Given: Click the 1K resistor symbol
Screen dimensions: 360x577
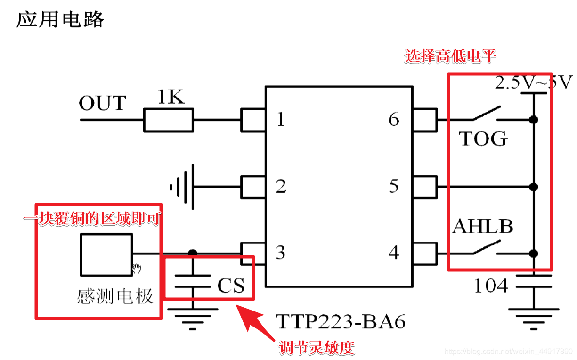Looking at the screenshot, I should click(168, 120).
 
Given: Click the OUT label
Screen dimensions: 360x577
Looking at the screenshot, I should click(102, 103).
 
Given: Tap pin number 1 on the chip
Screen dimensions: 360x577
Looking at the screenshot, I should click(281, 120).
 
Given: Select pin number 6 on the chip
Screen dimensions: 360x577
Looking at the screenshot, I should click(394, 120).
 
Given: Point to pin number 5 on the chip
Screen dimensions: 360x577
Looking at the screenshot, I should click(394, 187).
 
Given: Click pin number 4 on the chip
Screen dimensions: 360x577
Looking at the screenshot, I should click(394, 253).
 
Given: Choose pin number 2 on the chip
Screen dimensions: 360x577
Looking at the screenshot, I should click(281, 187).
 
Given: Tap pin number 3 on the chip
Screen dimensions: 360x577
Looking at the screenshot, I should click(281, 253).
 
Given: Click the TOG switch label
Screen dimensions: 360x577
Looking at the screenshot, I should click(483, 139).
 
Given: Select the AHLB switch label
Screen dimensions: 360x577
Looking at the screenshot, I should click(483, 227).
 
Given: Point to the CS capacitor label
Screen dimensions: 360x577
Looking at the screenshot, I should click(231, 286).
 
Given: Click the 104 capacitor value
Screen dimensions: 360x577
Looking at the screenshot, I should click(491, 286).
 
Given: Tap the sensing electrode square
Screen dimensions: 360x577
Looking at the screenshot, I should click(106, 254).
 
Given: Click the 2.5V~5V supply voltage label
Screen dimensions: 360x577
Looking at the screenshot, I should click(533, 83).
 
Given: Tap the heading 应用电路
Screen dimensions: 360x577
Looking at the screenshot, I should click(60, 20).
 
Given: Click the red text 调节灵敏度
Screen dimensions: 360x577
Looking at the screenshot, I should click(316, 348).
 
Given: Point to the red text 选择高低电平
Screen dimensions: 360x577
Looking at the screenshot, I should click(451, 57).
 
